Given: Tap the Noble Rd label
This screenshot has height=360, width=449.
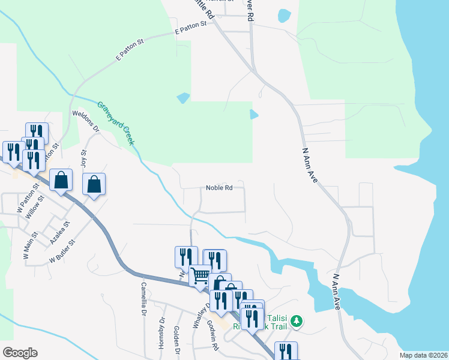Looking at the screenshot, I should click(x=219, y=188).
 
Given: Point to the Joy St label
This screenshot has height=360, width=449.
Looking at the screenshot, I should click(x=84, y=160).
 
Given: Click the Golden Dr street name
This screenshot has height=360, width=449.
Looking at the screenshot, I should click(x=177, y=340).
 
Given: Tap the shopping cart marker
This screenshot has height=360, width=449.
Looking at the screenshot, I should click(x=200, y=277).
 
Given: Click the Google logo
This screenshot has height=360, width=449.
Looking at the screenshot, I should click(x=20, y=353).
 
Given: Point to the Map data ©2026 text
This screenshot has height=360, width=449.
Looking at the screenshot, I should click(x=423, y=355).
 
